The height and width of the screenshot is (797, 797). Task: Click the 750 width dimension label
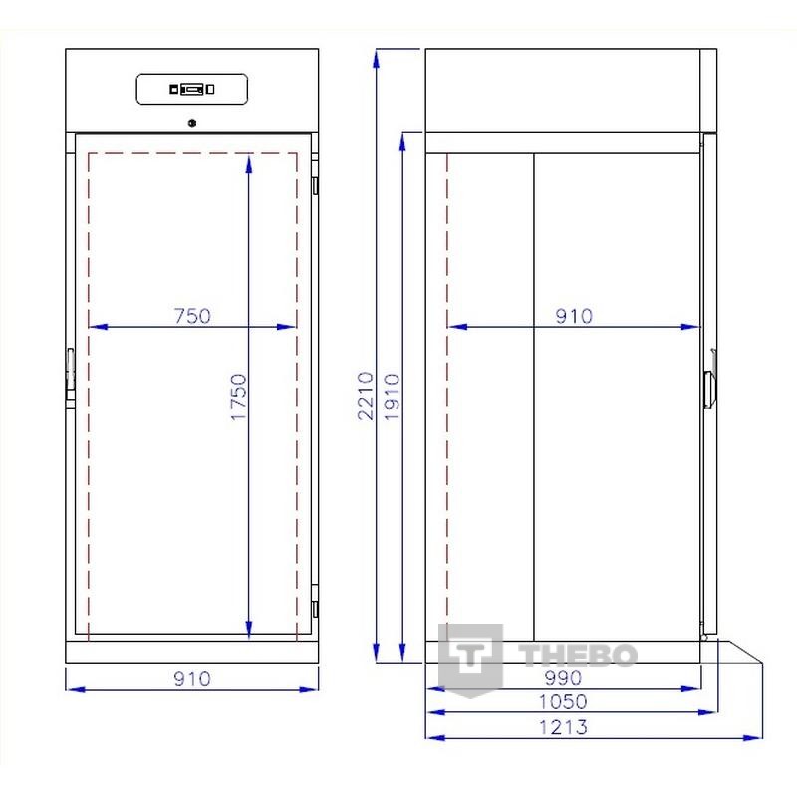tap(192, 316)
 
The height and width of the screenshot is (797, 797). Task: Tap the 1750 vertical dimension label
tap(238, 397)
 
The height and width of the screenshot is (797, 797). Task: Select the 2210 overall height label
tap(365, 396)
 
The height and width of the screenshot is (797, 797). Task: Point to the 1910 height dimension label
tap(392, 397)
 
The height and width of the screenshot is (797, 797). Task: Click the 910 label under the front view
tap(192, 679)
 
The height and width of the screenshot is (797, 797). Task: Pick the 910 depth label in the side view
tap(574, 316)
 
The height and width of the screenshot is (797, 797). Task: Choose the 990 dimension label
tap(563, 678)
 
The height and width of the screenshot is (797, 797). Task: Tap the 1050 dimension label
tap(563, 702)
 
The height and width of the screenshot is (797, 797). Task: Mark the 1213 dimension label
tap(563, 727)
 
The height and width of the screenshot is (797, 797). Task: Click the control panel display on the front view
tap(192, 89)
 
